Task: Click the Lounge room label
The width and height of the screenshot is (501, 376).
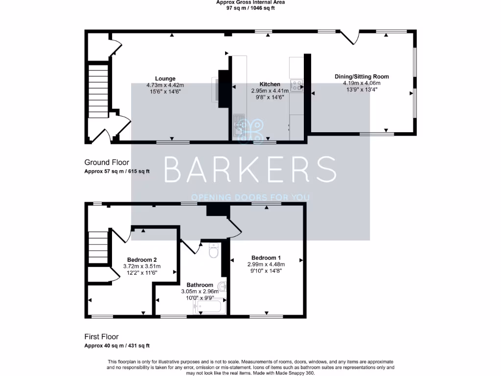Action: coord(165,78)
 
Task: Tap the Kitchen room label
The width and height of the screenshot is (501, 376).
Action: coord(270,84)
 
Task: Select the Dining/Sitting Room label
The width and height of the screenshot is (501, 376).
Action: coord(362,76)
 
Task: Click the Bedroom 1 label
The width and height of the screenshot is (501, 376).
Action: coord(266,258)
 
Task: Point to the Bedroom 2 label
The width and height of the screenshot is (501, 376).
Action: coord(142,259)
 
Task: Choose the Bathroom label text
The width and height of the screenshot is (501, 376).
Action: coord(200,285)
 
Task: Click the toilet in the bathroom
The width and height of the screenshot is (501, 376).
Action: coord(214,251)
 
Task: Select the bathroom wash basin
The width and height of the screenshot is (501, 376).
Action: coord(223,286)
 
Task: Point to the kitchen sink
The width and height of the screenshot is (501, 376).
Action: coord(239,125)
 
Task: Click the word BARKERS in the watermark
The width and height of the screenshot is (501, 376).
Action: coord(250,169)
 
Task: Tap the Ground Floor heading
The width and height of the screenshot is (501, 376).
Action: coord(107,162)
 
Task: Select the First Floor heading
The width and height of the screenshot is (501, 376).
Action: coord(101,336)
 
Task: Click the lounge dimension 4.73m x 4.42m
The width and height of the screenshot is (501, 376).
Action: coord(165,85)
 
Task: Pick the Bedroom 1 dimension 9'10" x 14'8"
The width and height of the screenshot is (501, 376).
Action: coord(266,270)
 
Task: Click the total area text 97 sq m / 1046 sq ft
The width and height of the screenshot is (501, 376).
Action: coord(250,8)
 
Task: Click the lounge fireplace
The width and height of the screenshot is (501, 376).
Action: coord(222,88)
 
